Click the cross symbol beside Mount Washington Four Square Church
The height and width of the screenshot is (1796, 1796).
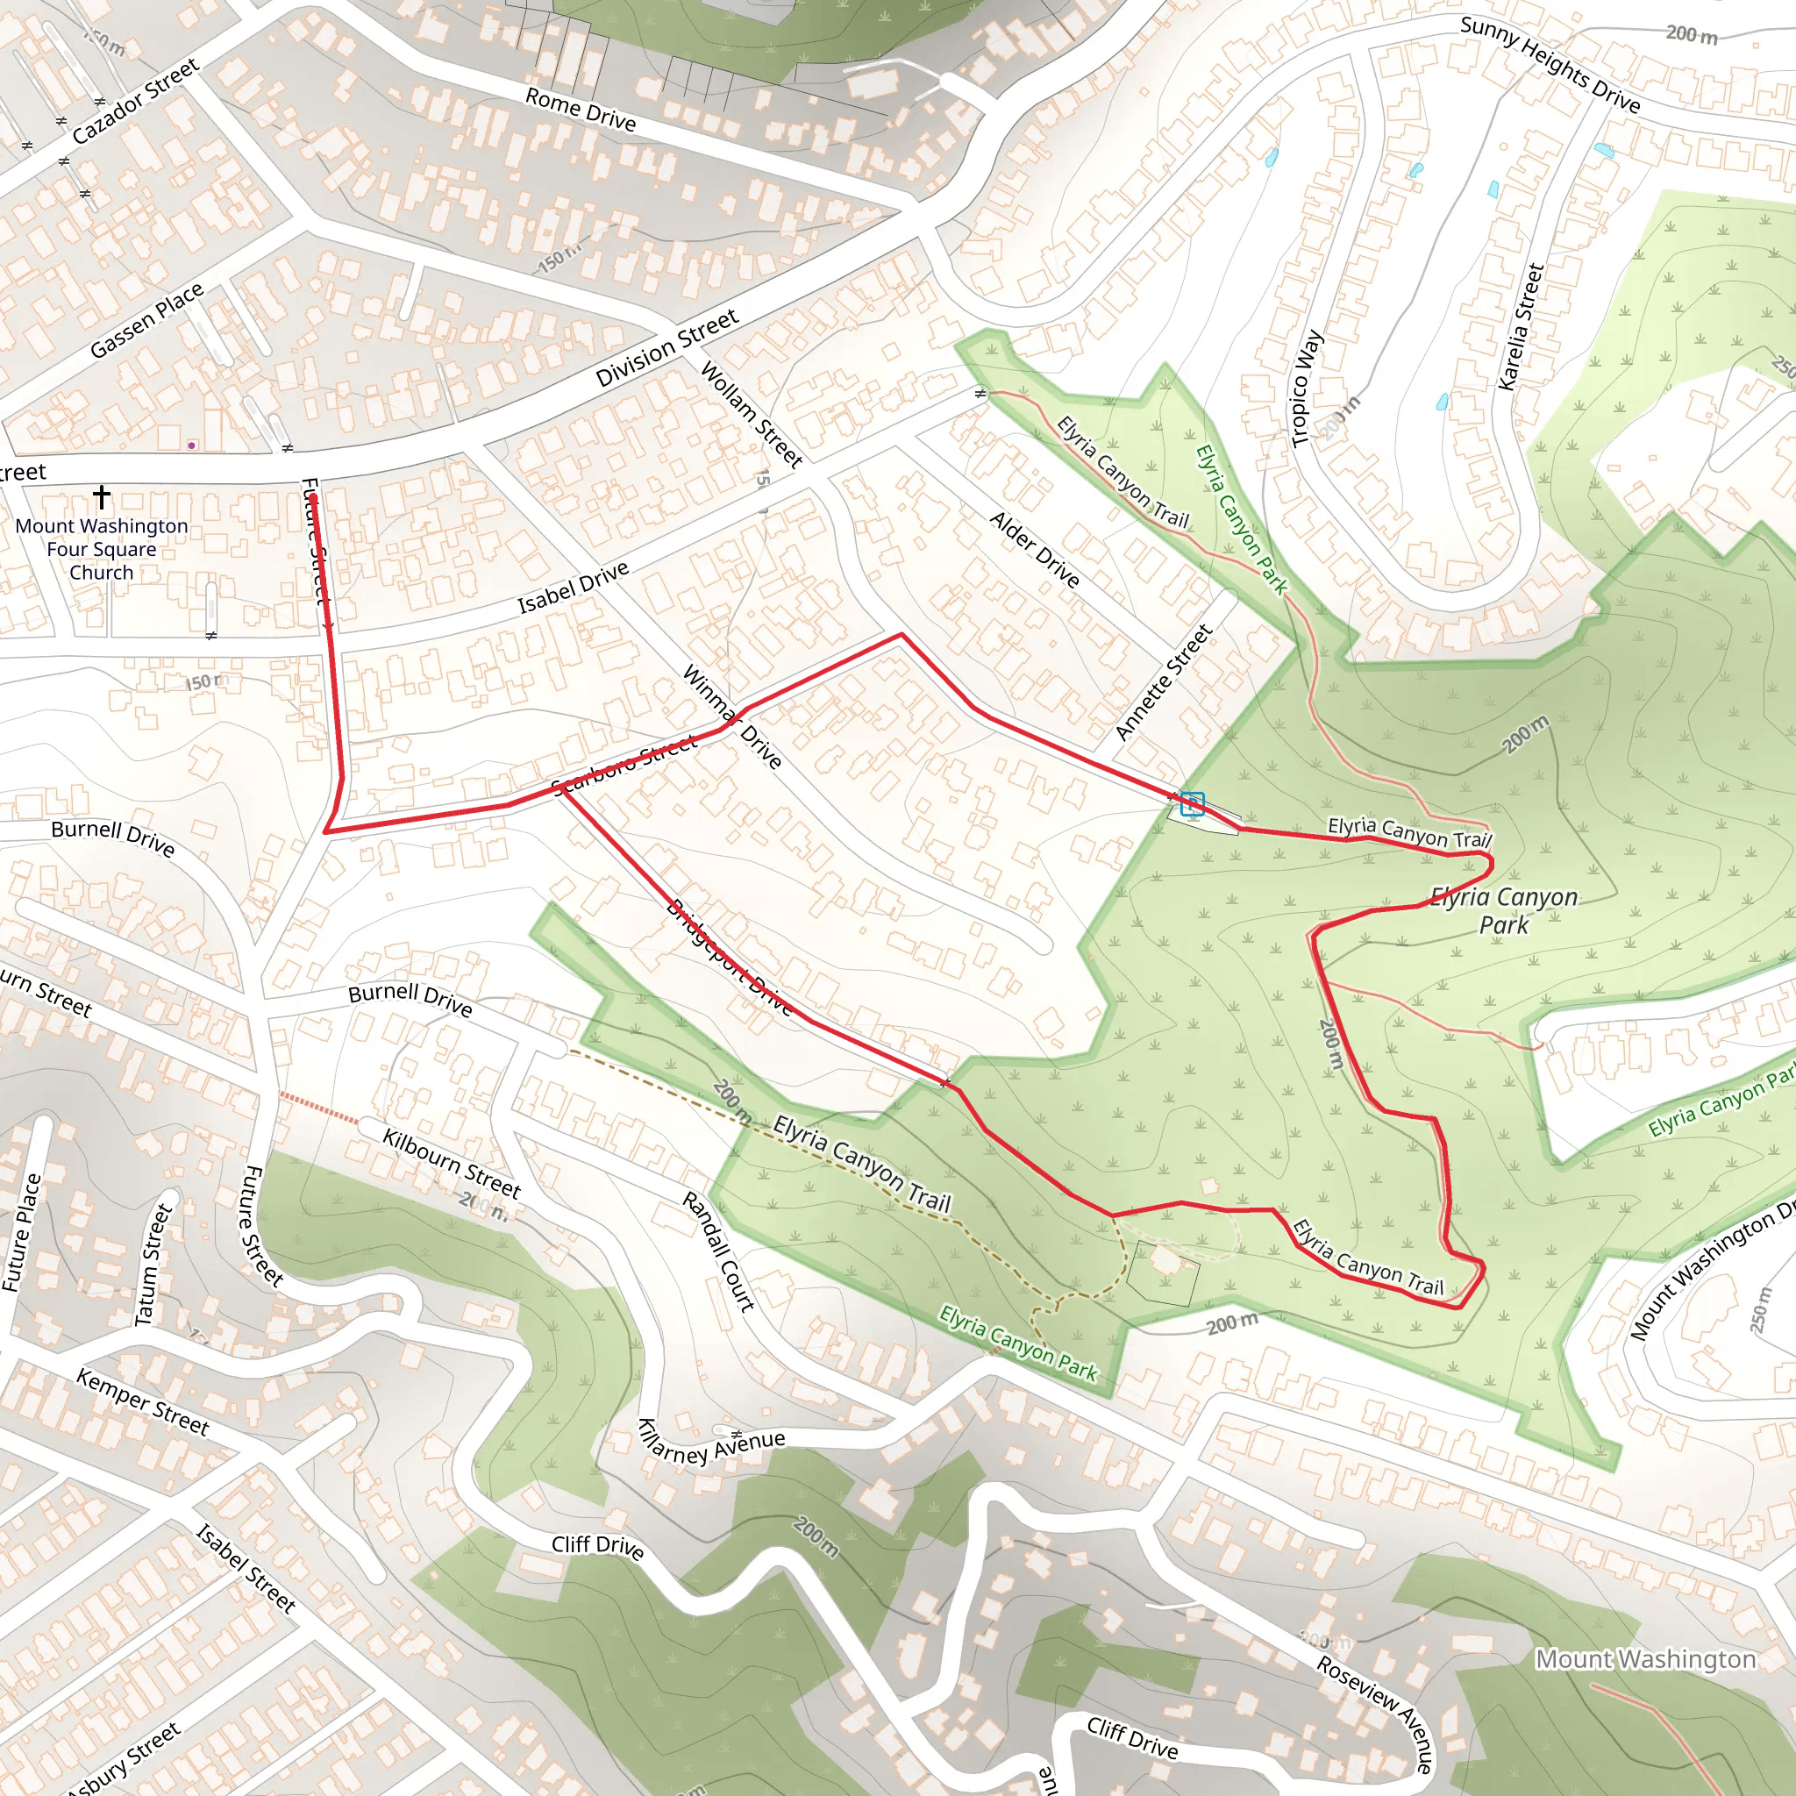click(102, 496)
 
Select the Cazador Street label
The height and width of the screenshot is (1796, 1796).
click(136, 102)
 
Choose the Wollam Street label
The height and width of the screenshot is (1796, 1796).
click(752, 415)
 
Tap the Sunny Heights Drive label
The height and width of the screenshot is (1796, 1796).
click(1550, 65)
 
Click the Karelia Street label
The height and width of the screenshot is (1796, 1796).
click(1521, 326)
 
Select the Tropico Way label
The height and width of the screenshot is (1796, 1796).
click(1306, 388)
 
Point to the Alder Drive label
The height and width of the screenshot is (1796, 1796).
click(1035, 549)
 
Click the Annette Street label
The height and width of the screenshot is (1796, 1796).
click(1164, 682)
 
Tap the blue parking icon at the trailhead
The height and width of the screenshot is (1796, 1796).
click(1193, 803)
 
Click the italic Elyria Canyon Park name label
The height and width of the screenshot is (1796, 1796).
click(1503, 910)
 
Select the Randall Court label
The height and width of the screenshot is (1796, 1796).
click(717, 1251)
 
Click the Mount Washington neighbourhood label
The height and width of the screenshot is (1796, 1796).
click(1645, 1658)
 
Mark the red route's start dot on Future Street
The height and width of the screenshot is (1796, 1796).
click(313, 499)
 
